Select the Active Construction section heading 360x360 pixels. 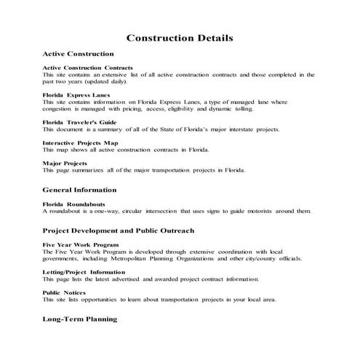[79, 54]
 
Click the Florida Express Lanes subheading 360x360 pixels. [75, 95]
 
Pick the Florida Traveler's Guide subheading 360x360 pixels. [79, 122]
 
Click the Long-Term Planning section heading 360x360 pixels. [79, 319]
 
